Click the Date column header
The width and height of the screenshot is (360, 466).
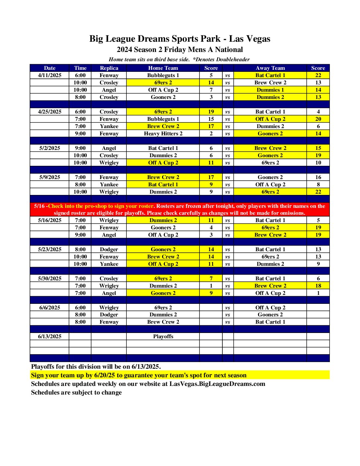[50, 68]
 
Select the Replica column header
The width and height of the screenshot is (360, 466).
[109, 68]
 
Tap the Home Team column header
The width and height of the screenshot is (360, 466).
[163, 68]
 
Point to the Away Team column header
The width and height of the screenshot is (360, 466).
[270, 68]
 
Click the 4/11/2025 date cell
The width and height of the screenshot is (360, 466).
[50, 75]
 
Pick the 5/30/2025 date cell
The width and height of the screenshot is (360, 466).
[50, 279]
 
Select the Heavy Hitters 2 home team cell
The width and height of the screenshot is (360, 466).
[163, 134]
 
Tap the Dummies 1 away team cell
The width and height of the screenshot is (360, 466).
[270, 90]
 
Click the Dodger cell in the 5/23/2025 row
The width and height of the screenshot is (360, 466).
[109, 250]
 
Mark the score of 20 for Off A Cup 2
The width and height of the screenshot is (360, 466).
[318, 119]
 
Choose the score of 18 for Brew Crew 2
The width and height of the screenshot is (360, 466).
[318, 286]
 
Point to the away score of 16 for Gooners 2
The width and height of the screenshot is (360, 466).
[318, 177]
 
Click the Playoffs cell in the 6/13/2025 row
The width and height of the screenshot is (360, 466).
[163, 337]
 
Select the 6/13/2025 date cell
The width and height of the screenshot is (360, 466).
[50, 337]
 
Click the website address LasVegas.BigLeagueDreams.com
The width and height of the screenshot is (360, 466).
[217, 384]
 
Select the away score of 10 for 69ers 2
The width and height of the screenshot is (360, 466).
[318, 163]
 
